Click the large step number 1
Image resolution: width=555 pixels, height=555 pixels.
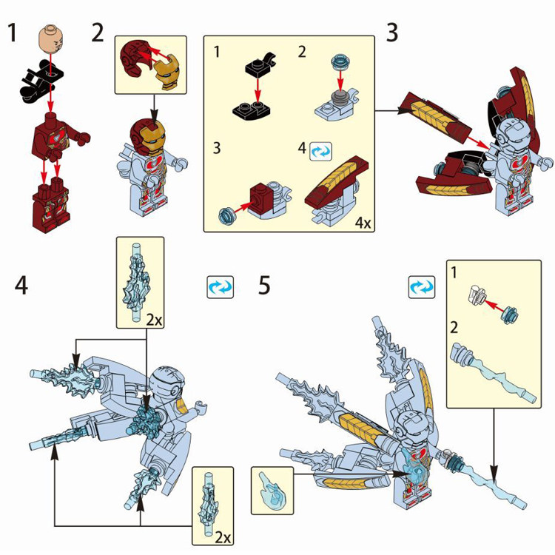point(12,33)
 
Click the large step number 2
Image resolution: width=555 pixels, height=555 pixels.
point(98,33)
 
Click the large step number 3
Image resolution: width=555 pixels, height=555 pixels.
point(391,33)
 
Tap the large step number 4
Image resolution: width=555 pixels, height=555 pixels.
point(21,286)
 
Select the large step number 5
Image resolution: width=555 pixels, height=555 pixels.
point(264,286)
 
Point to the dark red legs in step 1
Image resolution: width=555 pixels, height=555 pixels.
point(50,204)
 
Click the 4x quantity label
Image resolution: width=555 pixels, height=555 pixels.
point(363,223)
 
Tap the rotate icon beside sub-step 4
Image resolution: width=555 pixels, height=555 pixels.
point(321,151)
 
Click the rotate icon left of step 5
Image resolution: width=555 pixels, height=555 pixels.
point(221,286)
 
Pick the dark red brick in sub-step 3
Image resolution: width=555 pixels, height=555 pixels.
point(261,196)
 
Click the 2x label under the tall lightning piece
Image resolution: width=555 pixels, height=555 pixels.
point(155,320)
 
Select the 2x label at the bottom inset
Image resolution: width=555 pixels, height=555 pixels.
point(223,538)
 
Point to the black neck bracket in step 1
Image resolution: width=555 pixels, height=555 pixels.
point(40,81)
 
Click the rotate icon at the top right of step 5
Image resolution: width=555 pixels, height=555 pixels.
point(422,286)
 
